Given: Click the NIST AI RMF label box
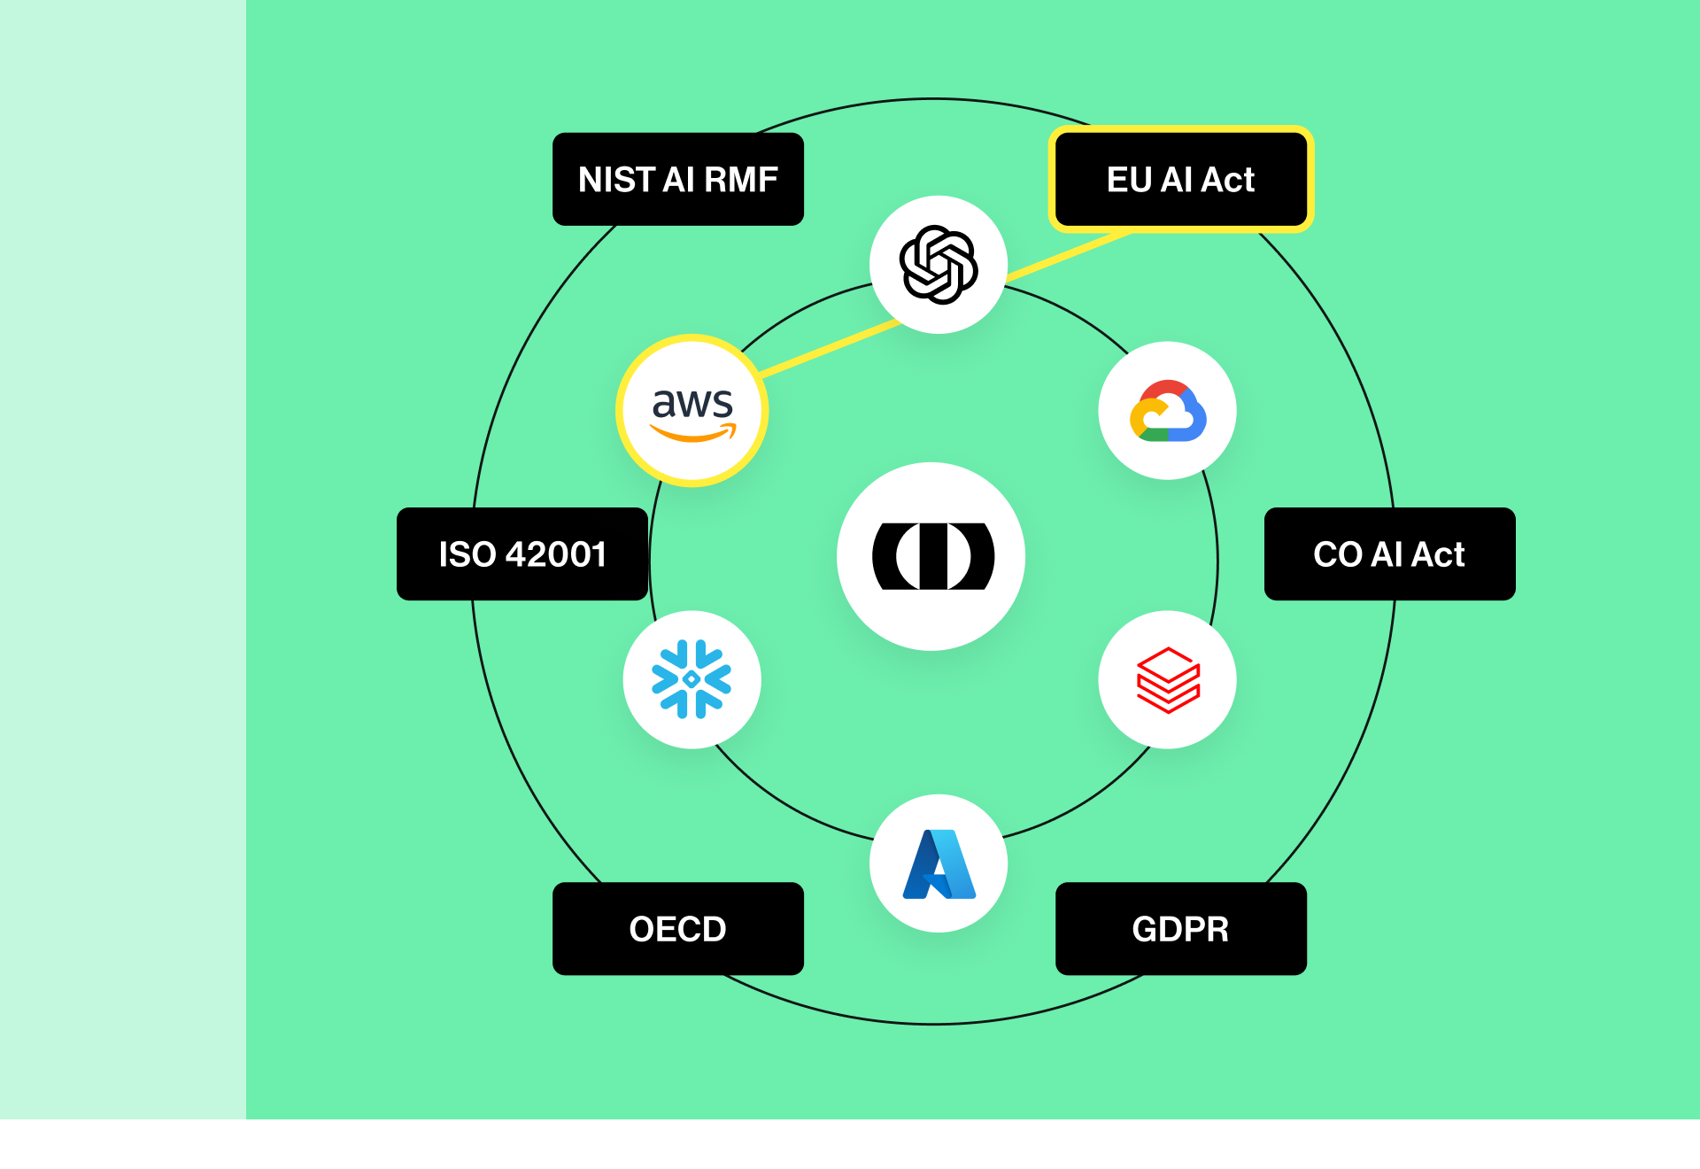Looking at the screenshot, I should [x=677, y=179].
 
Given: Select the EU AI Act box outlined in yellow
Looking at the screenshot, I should [x=1180, y=179].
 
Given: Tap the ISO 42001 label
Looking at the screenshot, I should [x=522, y=554].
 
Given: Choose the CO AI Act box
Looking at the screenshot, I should [x=1388, y=554].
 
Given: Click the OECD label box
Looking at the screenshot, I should [x=677, y=928].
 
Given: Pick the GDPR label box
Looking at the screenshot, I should [x=1180, y=928].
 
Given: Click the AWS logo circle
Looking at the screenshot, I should [x=692, y=411].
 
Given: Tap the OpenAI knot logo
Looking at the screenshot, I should [x=938, y=264].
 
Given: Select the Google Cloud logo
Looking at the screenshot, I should [x=1167, y=411].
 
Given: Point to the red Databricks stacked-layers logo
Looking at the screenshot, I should [x=1167, y=680].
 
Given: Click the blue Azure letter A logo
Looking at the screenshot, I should [x=938, y=863].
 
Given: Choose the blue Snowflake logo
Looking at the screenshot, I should [x=692, y=680].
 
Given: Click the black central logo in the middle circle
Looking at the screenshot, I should [x=931, y=556].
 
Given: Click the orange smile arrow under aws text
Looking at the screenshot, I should [x=692, y=434].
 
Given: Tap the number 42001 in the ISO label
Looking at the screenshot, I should [x=556, y=554].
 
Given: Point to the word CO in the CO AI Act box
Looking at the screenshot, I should [x=1337, y=554].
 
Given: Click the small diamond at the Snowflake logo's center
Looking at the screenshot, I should [x=692, y=679].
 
